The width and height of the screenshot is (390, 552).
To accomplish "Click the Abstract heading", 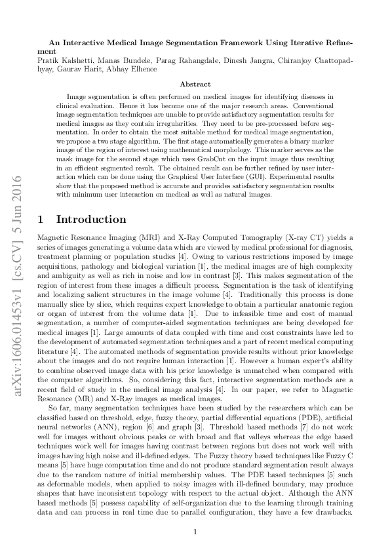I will [195, 84].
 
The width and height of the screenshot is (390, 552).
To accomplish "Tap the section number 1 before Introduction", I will [41, 220].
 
